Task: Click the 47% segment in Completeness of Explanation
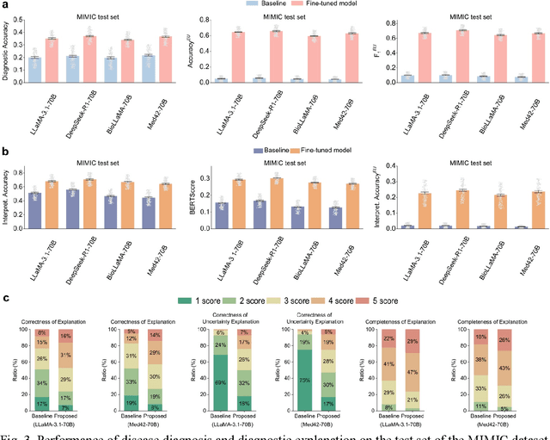coord(412,373)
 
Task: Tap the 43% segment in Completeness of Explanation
coord(504,369)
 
